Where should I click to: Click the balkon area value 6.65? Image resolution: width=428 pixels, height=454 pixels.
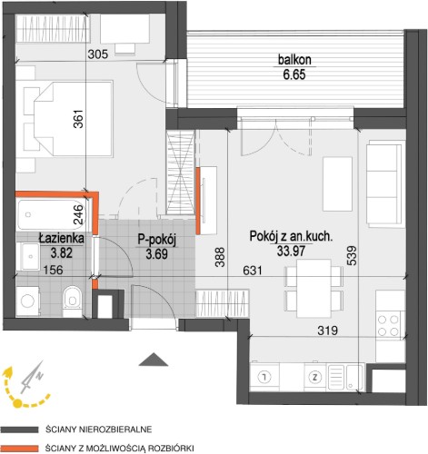294,74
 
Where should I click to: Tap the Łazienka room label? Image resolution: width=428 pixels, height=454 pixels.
62,239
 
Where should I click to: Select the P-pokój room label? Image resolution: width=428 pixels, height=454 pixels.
157,240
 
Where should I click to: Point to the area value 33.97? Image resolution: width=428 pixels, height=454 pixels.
291,251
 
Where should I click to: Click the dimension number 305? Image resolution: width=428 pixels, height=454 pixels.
98,54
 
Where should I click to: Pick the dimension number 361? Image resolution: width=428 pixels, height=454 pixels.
78,119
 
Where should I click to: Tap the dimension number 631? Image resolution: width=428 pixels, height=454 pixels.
253,271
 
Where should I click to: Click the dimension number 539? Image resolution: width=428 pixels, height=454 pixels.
352,256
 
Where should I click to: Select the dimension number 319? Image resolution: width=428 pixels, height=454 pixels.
328,331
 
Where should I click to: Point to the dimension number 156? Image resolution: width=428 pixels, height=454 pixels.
53,270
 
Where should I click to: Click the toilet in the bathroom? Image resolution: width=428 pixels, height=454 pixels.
72,301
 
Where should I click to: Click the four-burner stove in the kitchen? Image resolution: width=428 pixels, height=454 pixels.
389,326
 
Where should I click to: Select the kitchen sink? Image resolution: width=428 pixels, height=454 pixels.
345,377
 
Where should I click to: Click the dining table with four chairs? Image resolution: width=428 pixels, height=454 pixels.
314,288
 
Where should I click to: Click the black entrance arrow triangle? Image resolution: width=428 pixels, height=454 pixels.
154,360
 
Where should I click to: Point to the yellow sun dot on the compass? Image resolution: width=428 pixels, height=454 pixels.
18,403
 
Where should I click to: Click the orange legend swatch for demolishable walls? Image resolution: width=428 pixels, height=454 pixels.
19,449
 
